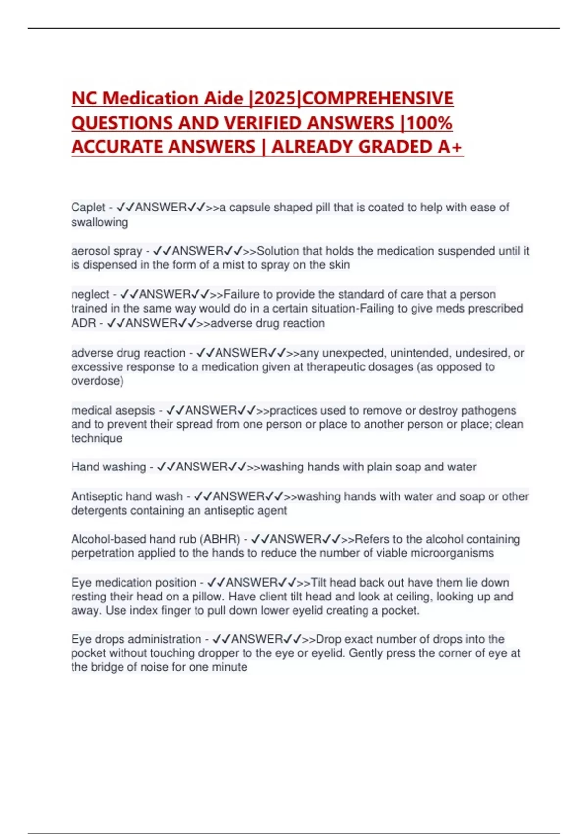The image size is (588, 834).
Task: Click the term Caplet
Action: [x=88, y=208]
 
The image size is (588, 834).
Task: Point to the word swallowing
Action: [x=99, y=222]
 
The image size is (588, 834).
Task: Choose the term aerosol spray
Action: [x=106, y=251]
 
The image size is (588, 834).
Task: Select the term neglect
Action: [x=90, y=294]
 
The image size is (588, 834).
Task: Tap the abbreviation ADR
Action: [x=83, y=323]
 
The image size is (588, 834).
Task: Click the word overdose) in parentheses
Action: [x=97, y=381]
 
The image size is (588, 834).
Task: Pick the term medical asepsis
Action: [x=113, y=410]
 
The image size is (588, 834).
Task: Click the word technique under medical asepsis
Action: [x=97, y=438]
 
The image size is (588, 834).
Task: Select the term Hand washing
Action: [x=108, y=467]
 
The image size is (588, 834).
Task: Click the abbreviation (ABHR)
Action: [x=220, y=539]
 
